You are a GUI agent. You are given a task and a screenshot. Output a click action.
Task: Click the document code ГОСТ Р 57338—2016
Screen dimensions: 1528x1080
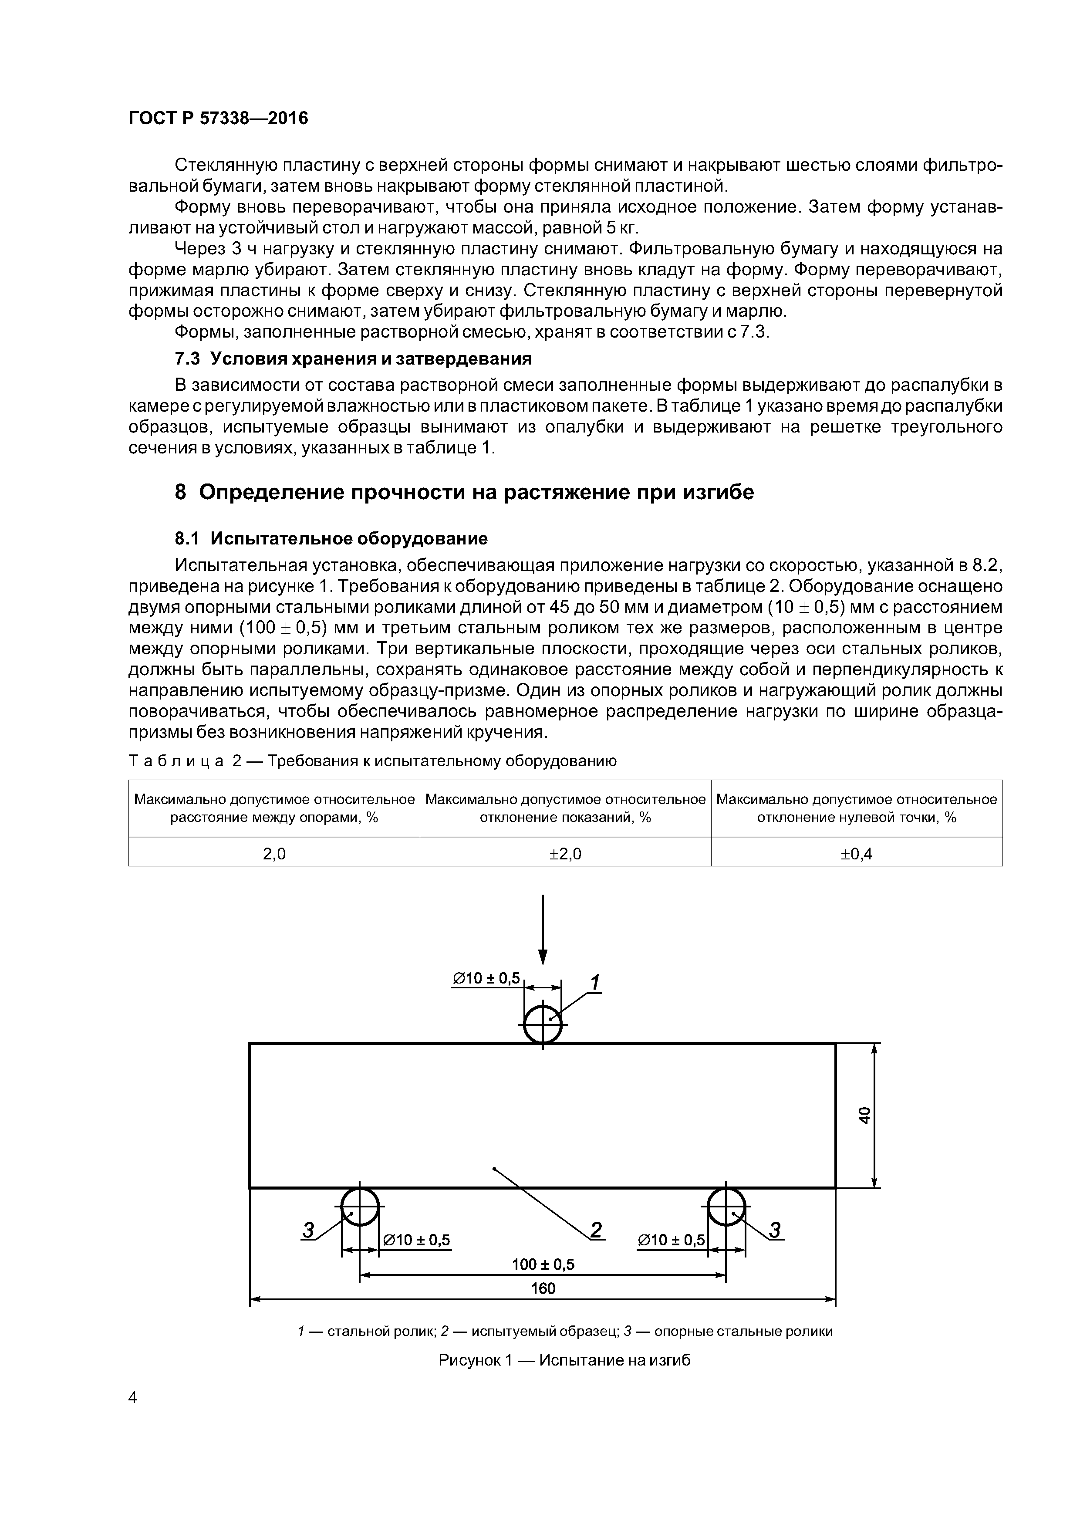(218, 118)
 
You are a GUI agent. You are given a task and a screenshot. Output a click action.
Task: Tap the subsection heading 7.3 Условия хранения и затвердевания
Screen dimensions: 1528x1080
(353, 359)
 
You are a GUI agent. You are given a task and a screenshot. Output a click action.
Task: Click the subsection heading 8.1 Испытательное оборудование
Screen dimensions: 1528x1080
(331, 538)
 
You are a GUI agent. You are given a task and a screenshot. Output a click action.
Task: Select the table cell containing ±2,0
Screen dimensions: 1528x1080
(565, 854)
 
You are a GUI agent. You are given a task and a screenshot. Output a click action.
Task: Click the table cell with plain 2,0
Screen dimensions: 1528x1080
(274, 854)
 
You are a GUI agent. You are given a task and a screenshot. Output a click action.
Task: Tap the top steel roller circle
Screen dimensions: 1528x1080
(543, 1024)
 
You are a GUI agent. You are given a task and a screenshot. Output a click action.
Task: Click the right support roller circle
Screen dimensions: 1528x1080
(726, 1206)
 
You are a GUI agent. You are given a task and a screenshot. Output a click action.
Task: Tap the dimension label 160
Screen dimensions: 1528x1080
(543, 1288)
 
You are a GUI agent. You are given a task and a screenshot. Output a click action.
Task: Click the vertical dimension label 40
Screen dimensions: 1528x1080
(864, 1115)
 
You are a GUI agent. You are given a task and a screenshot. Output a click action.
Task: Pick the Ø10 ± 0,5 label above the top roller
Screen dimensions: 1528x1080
(486, 977)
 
